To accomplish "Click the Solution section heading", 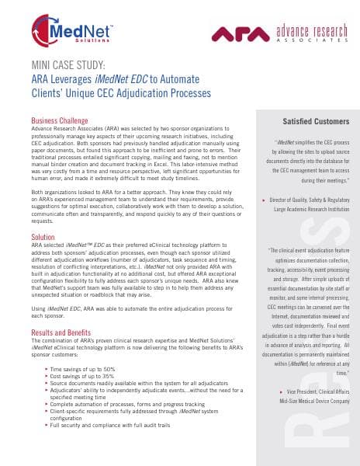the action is pyautogui.click(x=43, y=236).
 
